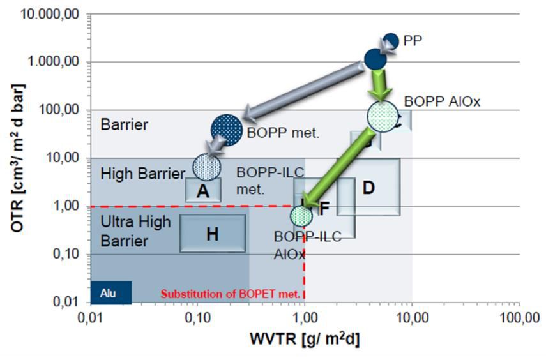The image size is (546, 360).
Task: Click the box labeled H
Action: tap(213, 234)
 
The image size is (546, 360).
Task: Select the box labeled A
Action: tap(203, 190)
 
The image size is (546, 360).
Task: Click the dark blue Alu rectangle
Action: tap(111, 292)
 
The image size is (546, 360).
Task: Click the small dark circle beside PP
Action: tap(391, 41)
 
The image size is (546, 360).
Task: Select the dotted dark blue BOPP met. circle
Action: tap(227, 130)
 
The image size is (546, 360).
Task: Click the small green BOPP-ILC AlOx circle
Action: tap(301, 216)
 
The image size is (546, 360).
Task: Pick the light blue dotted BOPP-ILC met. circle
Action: tap(207, 167)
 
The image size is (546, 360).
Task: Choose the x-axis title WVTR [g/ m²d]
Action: tap(305, 340)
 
